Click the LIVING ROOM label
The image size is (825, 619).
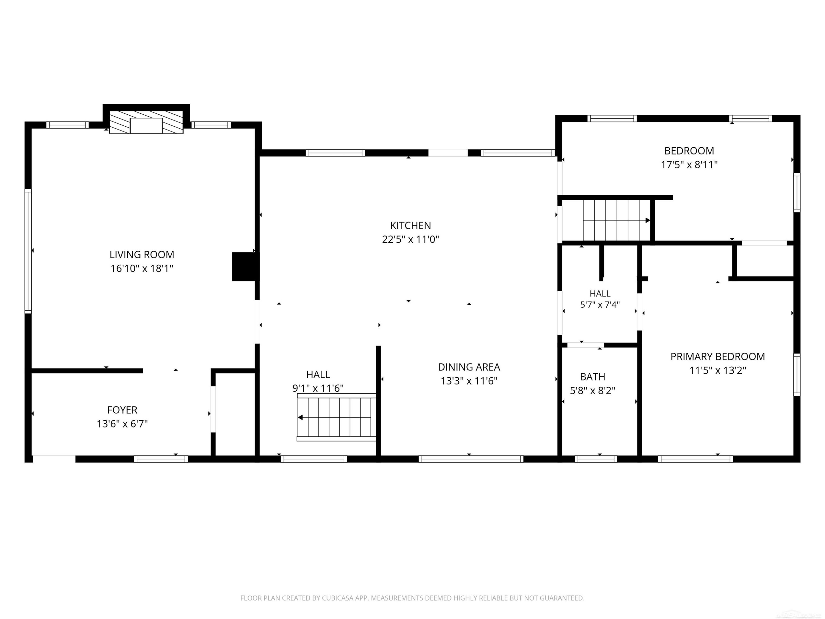pyautogui.click(x=142, y=254)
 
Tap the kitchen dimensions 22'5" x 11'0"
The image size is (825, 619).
pyautogui.click(x=411, y=239)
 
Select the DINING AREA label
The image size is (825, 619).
pyautogui.click(x=469, y=367)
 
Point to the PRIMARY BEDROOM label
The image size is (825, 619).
pyautogui.click(x=717, y=357)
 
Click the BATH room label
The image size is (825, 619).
pyautogui.click(x=592, y=377)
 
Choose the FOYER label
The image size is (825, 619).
pyautogui.click(x=122, y=410)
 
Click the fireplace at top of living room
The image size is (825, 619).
pyautogui.click(x=146, y=122)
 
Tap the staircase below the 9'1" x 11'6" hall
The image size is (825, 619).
pyautogui.click(x=336, y=417)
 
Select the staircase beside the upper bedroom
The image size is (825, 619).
pyautogui.click(x=616, y=220)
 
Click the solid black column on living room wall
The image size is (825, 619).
pyautogui.click(x=245, y=267)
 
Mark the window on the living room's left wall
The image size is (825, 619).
pyautogui.click(x=28, y=251)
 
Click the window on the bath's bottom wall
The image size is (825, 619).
pyautogui.click(x=596, y=459)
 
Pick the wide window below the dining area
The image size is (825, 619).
pyautogui.click(x=471, y=459)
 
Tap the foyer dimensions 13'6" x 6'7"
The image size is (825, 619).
pyautogui.click(x=122, y=424)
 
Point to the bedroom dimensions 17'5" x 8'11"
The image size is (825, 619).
pyautogui.click(x=689, y=165)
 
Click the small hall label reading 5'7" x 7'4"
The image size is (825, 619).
pyautogui.click(x=600, y=305)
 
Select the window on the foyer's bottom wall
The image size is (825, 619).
pyautogui.click(x=161, y=459)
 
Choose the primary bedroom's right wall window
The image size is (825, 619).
pyautogui.click(x=797, y=375)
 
